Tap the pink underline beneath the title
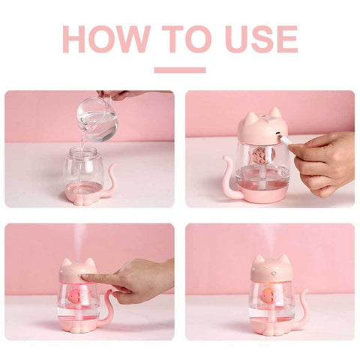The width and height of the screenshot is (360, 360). (180, 70)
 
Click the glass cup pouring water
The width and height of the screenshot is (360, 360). (98, 118)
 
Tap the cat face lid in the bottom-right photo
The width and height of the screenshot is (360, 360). (269, 269)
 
